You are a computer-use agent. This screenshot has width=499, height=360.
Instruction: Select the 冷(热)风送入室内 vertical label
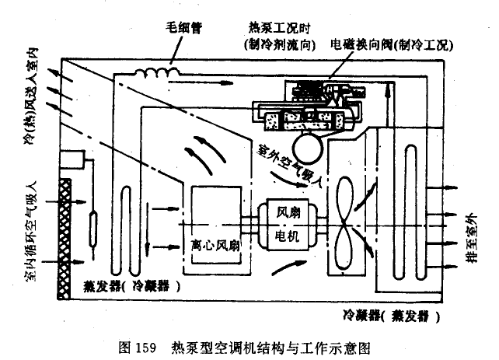[40, 101]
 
